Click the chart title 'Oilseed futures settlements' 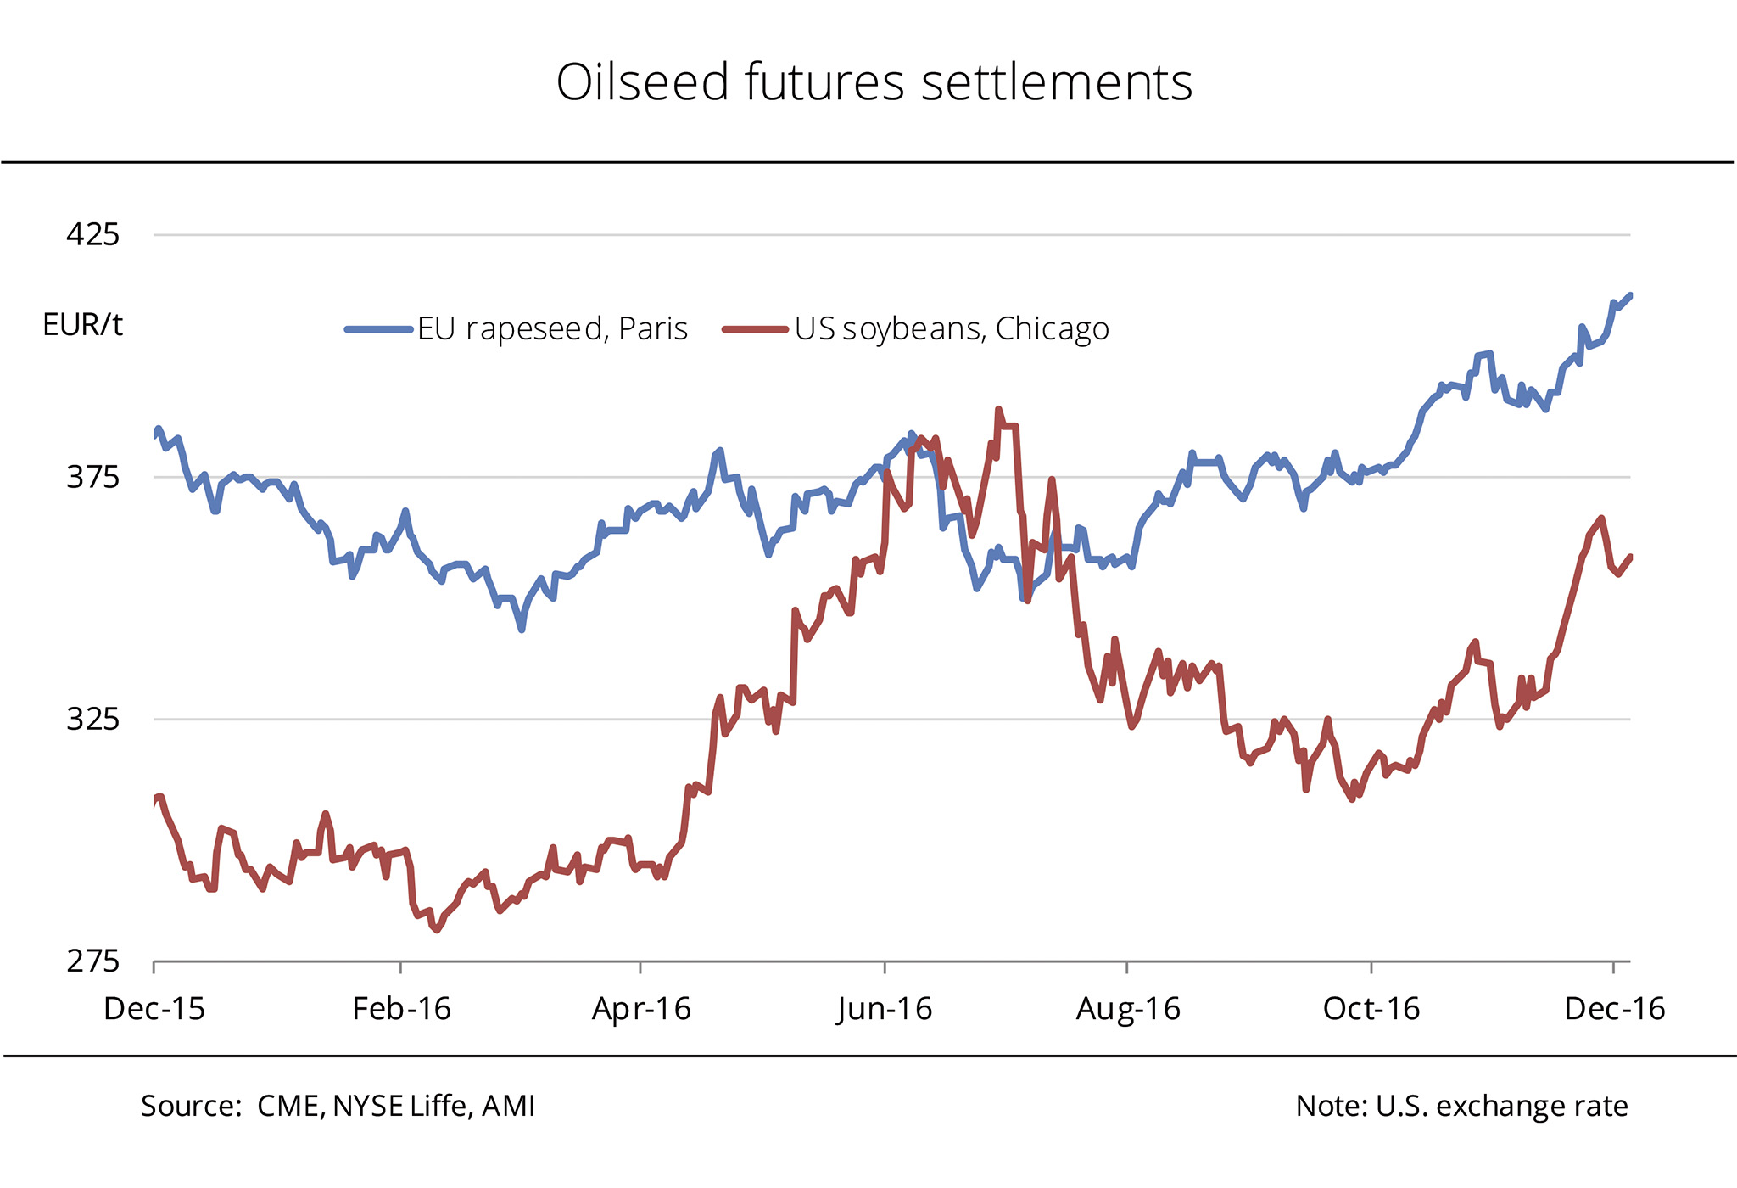(x=874, y=83)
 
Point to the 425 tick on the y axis (x=93, y=234)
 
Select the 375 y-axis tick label (x=93, y=477)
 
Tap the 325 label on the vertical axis (x=93, y=720)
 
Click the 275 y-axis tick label (x=93, y=962)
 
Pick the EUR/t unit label (x=82, y=325)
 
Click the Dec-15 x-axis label (x=154, y=1009)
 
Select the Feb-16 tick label (x=401, y=1009)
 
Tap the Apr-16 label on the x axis (x=641, y=1009)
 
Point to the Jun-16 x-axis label (x=885, y=1009)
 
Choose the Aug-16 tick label (x=1128, y=1009)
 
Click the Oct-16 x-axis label (x=1371, y=1009)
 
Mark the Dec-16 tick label (x=1615, y=1009)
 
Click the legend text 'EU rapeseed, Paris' (x=552, y=329)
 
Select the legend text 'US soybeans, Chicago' (x=952, y=329)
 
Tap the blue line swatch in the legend (x=378, y=329)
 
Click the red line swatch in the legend (x=756, y=329)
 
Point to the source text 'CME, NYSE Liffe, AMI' (x=396, y=1107)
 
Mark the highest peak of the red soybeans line (x=998, y=409)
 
